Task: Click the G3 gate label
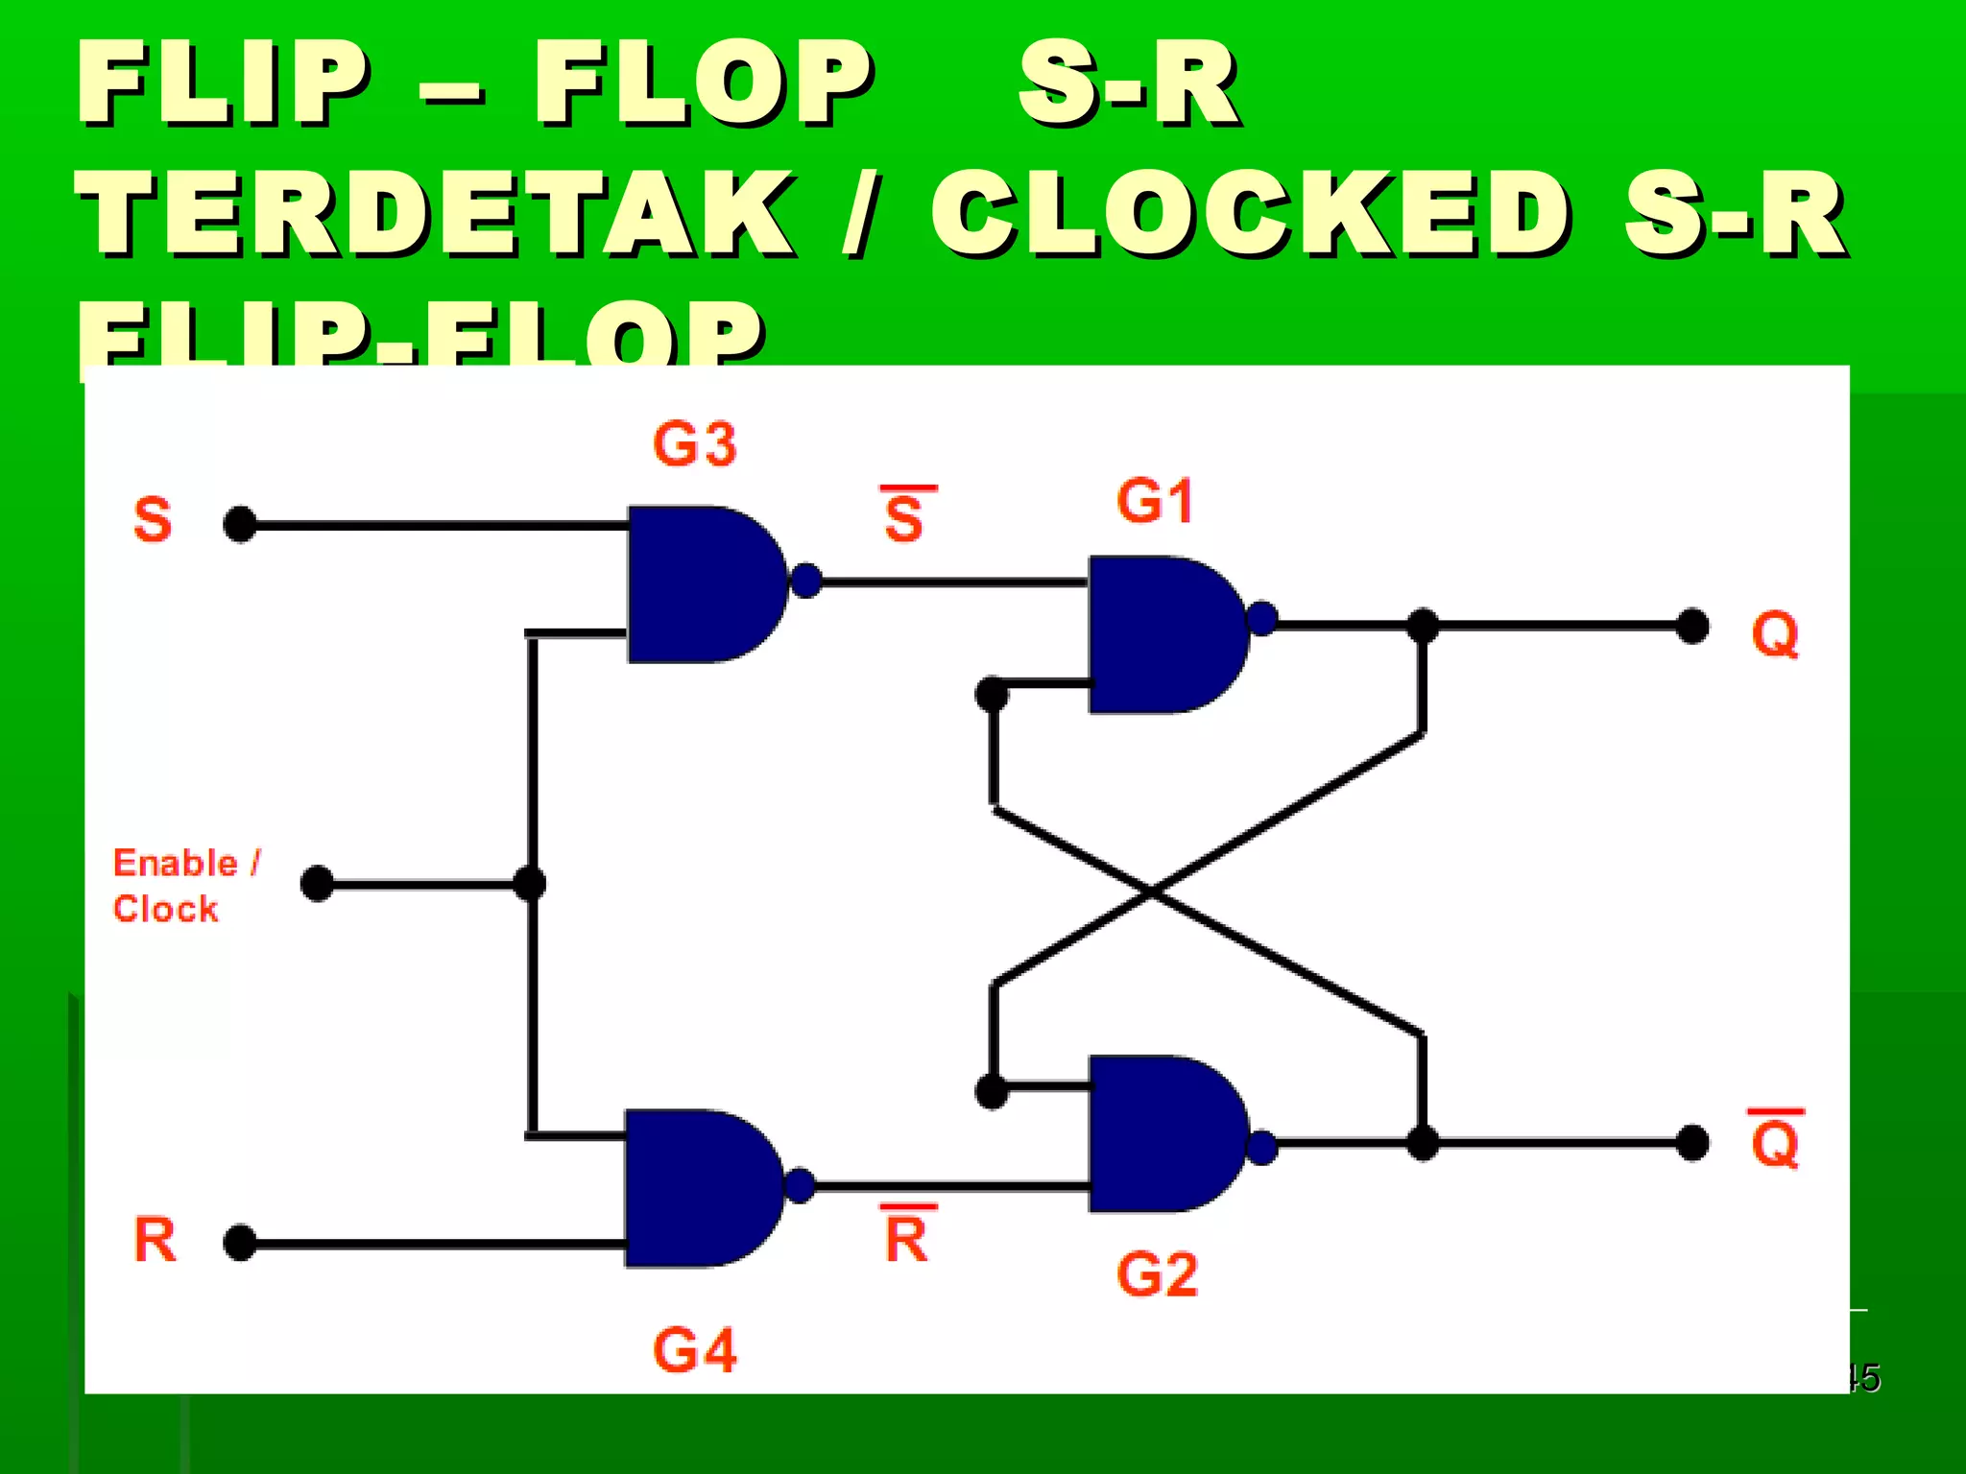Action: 694,445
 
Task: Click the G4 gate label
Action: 694,1350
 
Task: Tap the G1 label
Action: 1155,502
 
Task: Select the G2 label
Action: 1157,1275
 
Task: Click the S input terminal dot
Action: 239,525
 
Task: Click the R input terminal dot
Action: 239,1243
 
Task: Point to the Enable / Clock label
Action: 185,886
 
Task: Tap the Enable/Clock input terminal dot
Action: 317,884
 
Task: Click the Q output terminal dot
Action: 1691,626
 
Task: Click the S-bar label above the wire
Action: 904,515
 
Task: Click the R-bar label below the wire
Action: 906,1235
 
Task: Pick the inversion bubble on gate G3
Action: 806,581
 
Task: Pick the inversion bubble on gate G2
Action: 1262,1148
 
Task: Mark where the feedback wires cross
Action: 1152,892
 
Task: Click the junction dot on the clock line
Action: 530,883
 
